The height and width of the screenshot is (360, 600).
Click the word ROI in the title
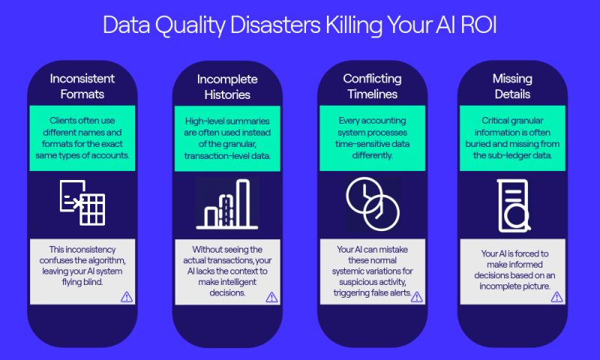tap(478, 25)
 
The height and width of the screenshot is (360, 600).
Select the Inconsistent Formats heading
tap(82, 86)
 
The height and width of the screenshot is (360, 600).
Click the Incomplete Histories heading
tap(227, 87)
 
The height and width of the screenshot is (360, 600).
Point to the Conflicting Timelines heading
tap(372, 86)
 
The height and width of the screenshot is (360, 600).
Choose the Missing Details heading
tap(512, 86)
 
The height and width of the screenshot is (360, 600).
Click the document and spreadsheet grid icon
tap(82, 202)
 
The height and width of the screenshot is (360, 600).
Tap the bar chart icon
tap(227, 204)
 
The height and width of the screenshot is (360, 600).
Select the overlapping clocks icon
tap(373, 204)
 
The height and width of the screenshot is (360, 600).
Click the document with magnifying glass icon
tap(514, 205)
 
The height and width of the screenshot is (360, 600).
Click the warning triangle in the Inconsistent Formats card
tap(127, 297)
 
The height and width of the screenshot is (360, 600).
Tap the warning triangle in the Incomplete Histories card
tap(271, 297)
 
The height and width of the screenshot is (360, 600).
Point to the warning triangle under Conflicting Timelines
tap(417, 297)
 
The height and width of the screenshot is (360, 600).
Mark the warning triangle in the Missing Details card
tap(556, 297)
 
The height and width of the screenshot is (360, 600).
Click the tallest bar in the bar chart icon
tap(243, 203)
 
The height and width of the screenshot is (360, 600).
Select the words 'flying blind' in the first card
tap(82, 282)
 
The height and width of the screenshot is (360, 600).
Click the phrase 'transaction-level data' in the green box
tap(227, 156)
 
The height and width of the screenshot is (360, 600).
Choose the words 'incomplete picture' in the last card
tap(515, 286)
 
